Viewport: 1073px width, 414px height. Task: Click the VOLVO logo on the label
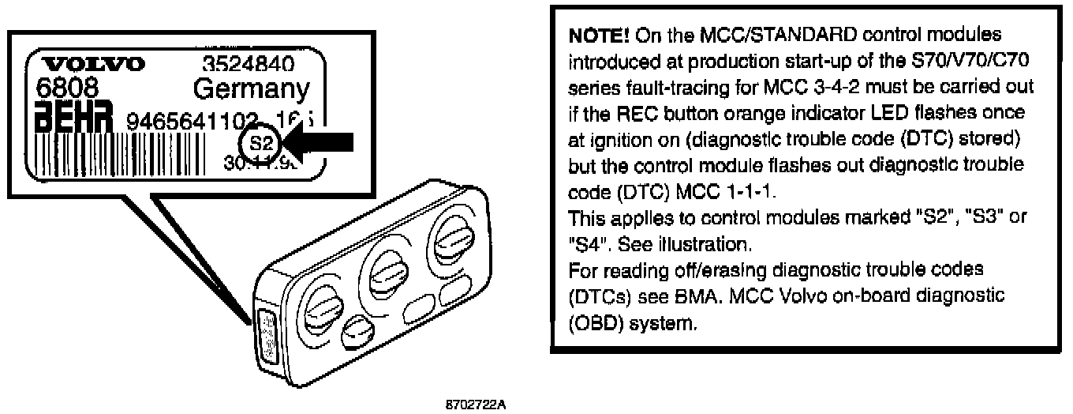pyautogui.click(x=92, y=64)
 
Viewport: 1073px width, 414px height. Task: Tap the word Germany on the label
pyautogui.click(x=251, y=88)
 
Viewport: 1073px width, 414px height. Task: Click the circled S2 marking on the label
pyautogui.click(x=260, y=144)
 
